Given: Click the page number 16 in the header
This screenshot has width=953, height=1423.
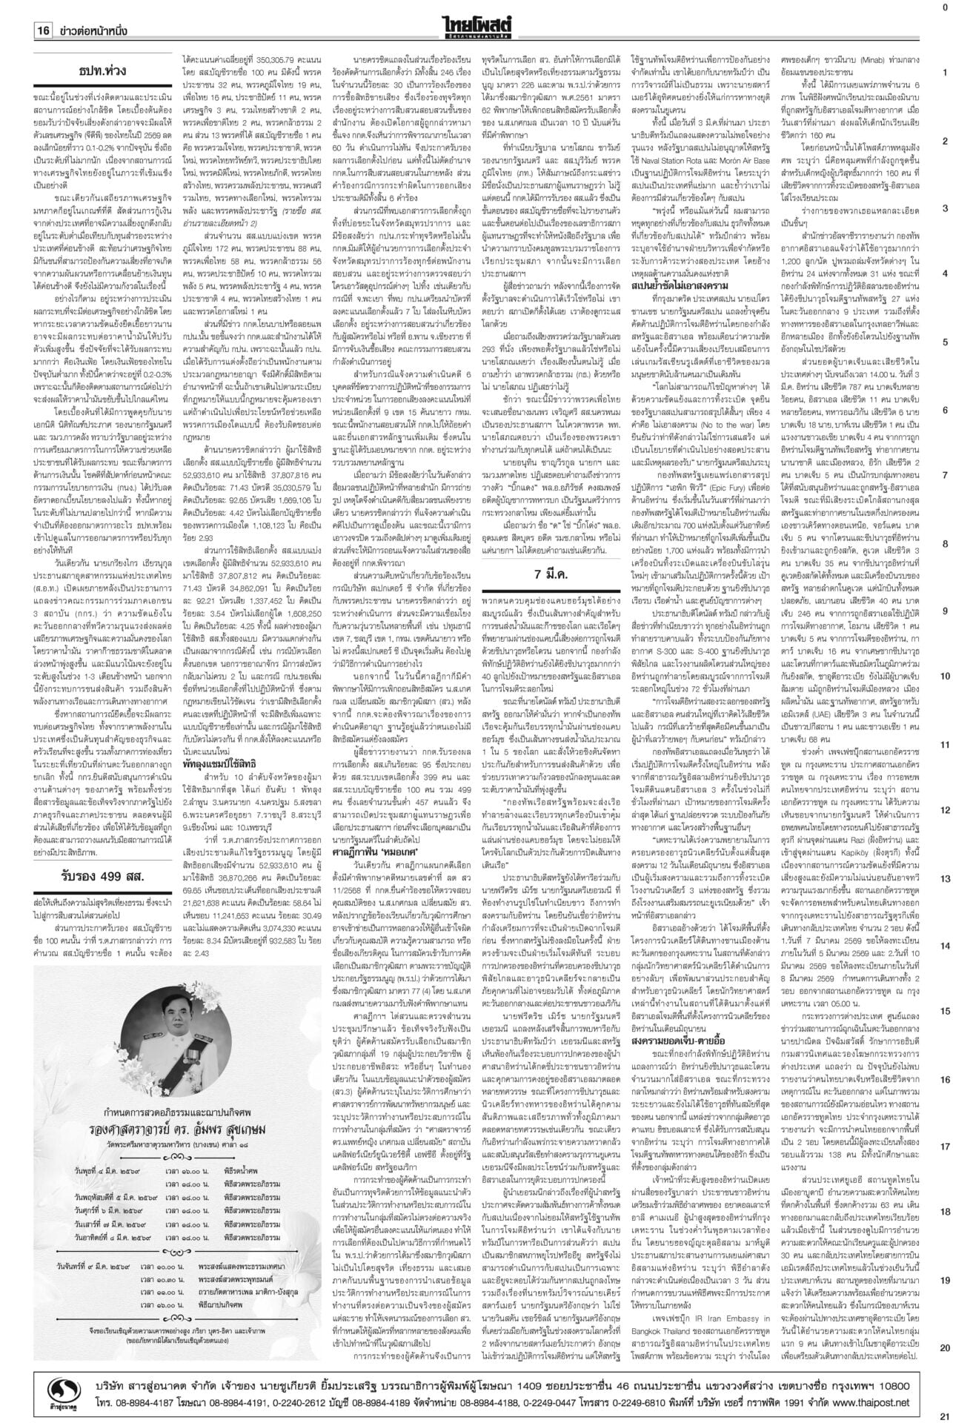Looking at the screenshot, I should (x=42, y=31).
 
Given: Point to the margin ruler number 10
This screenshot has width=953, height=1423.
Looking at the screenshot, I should (x=944, y=676).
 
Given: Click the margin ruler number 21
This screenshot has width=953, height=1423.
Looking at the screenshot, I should (x=944, y=1414).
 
